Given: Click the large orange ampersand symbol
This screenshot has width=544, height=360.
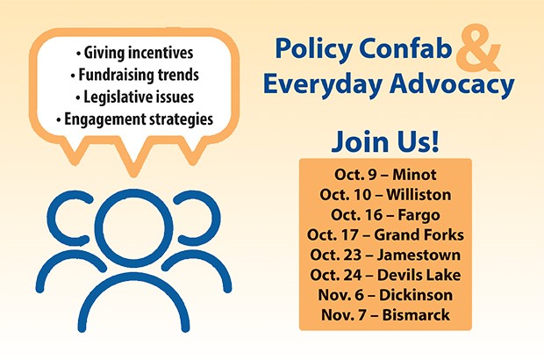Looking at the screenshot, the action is [x=477, y=48].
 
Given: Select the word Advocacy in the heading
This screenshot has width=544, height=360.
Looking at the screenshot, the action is [x=452, y=84].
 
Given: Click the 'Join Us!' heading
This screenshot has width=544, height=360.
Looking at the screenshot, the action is [x=385, y=141].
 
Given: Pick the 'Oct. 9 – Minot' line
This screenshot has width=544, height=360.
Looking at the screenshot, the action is [x=385, y=174].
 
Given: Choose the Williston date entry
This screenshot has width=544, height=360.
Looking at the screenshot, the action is [x=385, y=194].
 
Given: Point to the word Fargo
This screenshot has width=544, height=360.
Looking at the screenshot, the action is [x=419, y=215].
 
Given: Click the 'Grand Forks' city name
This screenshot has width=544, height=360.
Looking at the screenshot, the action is [x=419, y=234].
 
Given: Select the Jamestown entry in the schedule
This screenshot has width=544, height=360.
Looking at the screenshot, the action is [x=385, y=255].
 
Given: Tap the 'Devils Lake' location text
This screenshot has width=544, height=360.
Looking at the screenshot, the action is [x=419, y=275].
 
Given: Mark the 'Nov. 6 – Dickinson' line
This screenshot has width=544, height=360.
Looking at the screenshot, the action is [x=385, y=295].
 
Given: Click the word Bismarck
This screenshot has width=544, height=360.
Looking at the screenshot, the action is [x=416, y=315].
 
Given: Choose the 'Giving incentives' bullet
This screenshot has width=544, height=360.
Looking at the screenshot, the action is [x=134, y=53].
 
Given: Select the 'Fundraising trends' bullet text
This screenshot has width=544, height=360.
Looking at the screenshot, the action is [x=134, y=75].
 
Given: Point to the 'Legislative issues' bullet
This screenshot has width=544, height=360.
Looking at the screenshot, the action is [x=134, y=97].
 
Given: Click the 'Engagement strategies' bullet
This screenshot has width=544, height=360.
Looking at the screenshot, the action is [x=134, y=119].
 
